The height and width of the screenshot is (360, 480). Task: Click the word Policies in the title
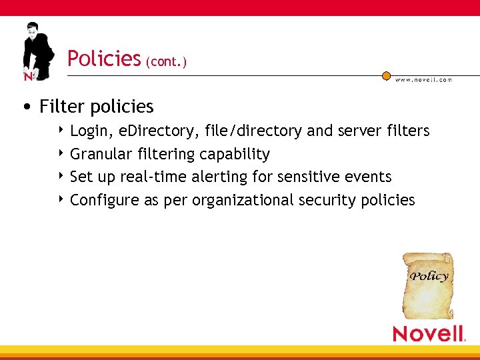(x=103, y=59)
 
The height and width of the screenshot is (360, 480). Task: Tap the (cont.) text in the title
(x=166, y=62)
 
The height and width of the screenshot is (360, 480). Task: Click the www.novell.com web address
(x=423, y=79)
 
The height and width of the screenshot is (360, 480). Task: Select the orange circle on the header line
(x=386, y=76)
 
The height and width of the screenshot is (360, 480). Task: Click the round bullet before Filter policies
(x=25, y=107)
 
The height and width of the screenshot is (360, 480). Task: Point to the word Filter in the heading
(x=63, y=107)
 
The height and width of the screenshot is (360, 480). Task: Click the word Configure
(x=105, y=200)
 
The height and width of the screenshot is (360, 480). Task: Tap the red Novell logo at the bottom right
(x=428, y=333)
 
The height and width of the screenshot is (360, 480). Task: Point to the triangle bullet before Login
(x=61, y=131)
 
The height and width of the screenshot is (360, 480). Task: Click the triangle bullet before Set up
(x=61, y=176)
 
